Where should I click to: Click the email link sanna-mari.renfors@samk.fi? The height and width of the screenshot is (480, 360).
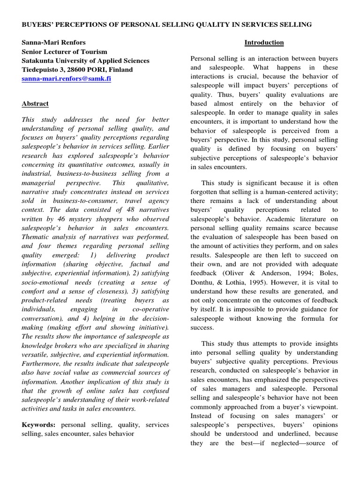coord(67,79)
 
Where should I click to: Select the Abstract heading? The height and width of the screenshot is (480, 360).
coord(35,104)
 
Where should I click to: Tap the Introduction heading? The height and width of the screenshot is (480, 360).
coord(264,43)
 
